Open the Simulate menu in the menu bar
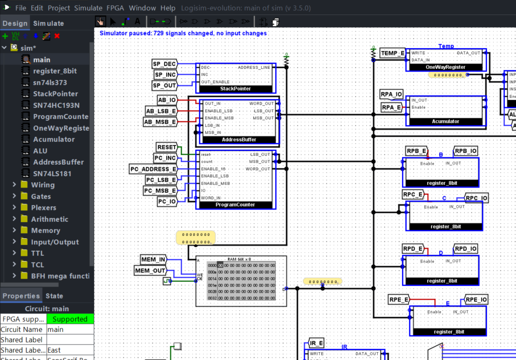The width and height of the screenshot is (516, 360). (x=88, y=8)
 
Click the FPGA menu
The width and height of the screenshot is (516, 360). (x=115, y=8)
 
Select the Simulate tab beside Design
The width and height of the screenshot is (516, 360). (x=49, y=23)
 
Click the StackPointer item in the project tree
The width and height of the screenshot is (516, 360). (x=55, y=94)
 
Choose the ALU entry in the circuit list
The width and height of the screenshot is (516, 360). (x=40, y=151)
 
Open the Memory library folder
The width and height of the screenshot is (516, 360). (x=46, y=231)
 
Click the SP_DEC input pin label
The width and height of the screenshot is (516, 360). (x=164, y=64)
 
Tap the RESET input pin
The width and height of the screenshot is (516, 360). (x=166, y=147)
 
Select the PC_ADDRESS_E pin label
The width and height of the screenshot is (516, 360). (x=153, y=169)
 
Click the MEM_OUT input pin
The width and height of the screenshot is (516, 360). (x=150, y=270)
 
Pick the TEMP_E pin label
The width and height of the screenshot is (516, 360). (x=392, y=53)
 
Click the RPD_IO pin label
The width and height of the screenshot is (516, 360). (x=466, y=249)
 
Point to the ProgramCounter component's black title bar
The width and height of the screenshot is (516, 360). (x=235, y=205)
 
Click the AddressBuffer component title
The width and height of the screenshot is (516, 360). (x=239, y=140)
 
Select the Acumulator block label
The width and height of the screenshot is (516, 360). (x=446, y=121)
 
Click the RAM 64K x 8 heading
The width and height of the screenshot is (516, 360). (x=239, y=259)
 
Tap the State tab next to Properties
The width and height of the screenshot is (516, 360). (x=54, y=296)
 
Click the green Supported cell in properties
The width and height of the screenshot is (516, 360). (x=70, y=319)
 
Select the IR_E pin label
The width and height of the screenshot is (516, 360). (x=316, y=343)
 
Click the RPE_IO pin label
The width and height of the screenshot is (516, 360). (x=476, y=299)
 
